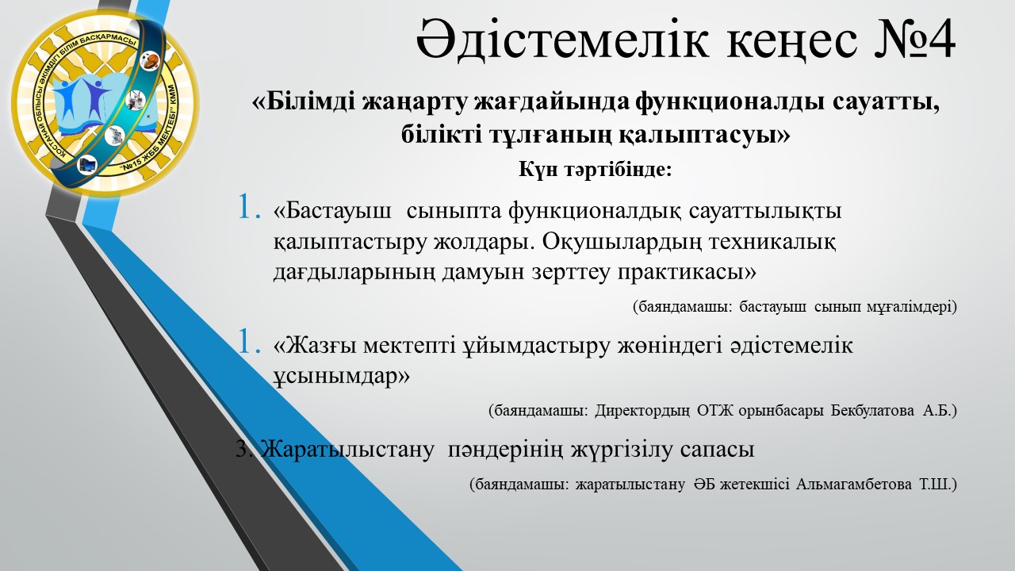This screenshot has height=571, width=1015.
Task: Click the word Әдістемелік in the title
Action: (x=562, y=40)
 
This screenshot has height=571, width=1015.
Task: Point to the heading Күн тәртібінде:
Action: (x=595, y=170)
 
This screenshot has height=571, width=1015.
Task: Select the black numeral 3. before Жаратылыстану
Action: (x=246, y=449)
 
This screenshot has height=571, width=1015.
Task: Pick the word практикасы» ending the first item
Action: (x=687, y=273)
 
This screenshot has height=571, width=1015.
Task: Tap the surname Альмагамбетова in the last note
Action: (x=854, y=485)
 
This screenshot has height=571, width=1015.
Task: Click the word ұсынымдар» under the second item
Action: (x=342, y=377)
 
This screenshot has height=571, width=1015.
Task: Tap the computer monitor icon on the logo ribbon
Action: (x=87, y=164)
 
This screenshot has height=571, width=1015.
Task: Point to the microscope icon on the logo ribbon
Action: (x=114, y=136)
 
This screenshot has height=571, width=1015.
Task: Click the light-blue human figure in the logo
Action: (x=68, y=98)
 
